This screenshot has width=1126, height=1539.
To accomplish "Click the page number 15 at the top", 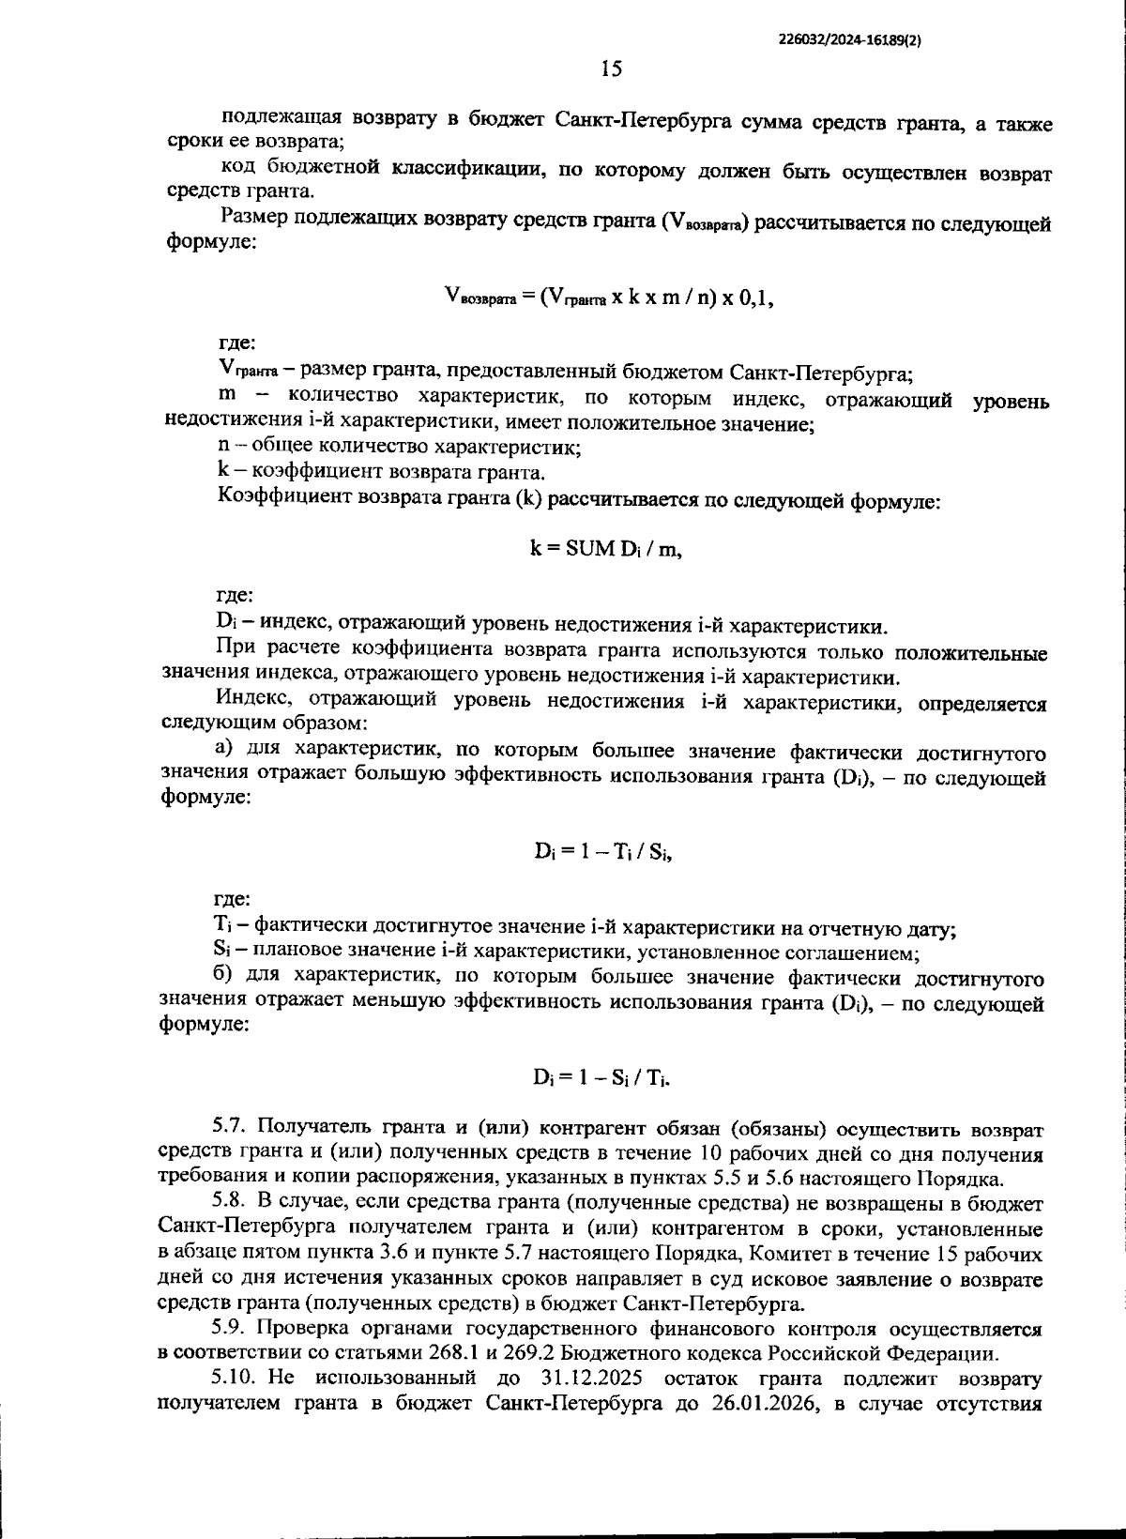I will [x=611, y=69].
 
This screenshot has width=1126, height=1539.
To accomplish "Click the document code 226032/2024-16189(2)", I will [x=850, y=39].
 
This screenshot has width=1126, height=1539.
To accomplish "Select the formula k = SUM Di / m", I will [x=607, y=549].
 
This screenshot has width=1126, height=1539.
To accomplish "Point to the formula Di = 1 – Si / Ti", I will [x=603, y=1079].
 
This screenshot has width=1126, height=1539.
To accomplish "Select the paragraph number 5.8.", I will [x=228, y=1202].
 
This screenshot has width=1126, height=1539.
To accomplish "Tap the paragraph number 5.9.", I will [x=228, y=1328].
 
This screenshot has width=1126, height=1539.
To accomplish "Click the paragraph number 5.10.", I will [x=234, y=1378].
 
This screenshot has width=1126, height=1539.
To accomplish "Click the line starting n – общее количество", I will [x=399, y=448].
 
